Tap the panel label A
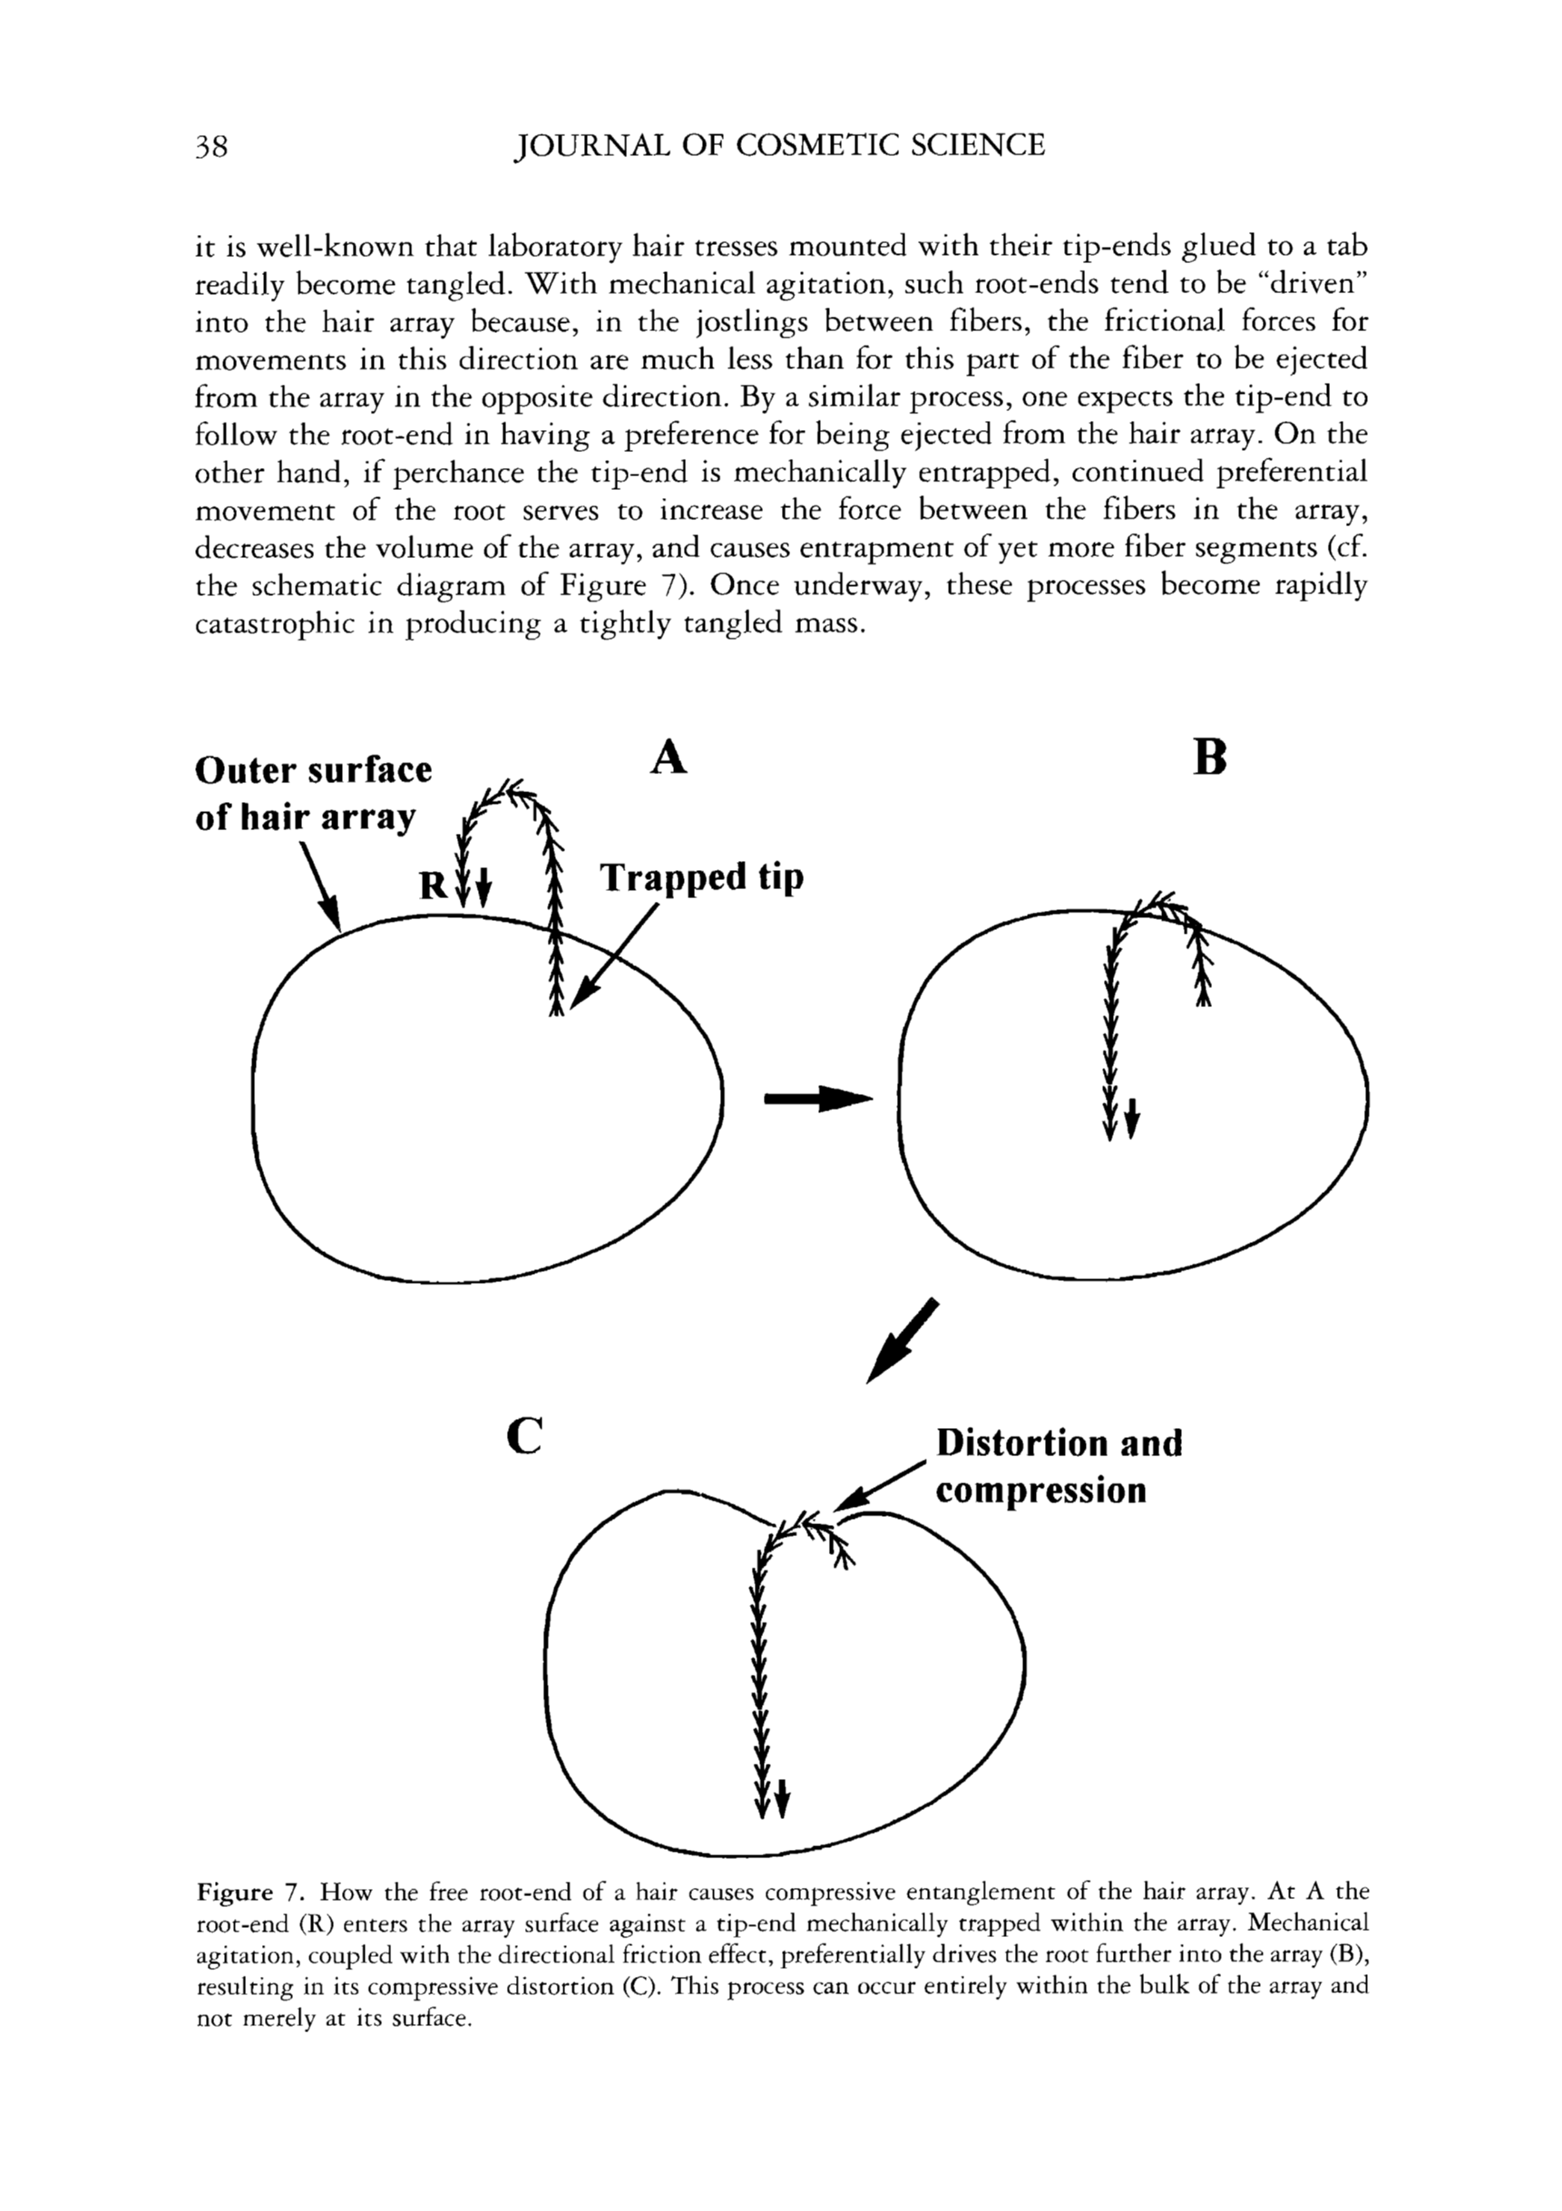669,758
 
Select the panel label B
1209,758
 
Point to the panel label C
524,1436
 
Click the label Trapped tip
701,877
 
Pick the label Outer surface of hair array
313,793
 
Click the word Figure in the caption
235,1893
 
